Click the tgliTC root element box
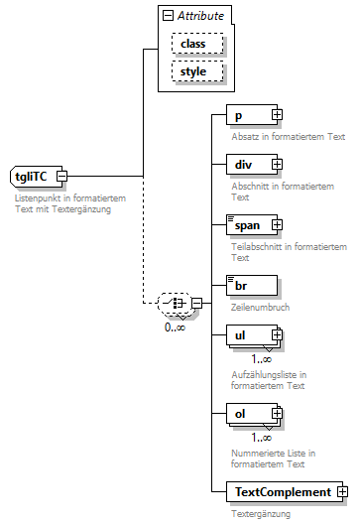pos(37,176)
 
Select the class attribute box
pos(197,44)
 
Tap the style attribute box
pos(197,71)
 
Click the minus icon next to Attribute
pos(168,16)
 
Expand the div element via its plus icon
pos(277,164)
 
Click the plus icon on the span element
pos(277,224)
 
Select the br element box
pos(252,286)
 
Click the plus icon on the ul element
pos(277,334)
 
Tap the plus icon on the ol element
pos(277,414)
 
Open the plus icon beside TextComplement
pos(342,492)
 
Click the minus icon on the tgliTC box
pos(61,176)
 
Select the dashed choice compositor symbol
pos(176,304)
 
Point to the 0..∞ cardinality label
pos(175,327)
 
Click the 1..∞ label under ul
pos(262,359)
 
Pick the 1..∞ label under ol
pos(262,438)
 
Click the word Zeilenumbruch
pos(260,307)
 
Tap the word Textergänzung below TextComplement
pos(261,514)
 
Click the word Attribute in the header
pos(200,16)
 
